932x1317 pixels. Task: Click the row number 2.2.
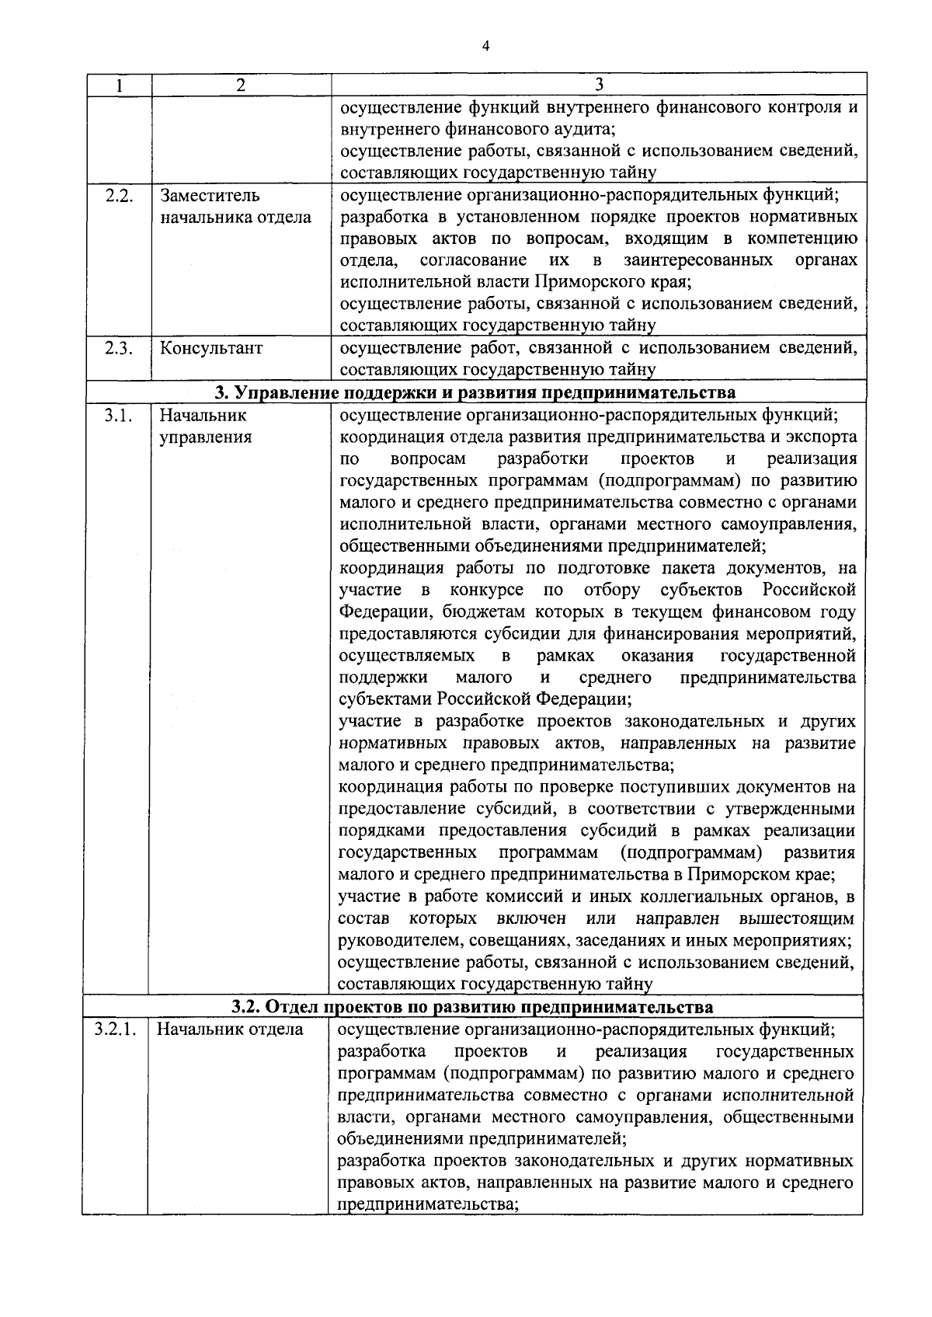[x=118, y=195]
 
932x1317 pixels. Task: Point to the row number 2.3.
[x=118, y=348]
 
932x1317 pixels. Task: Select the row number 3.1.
[x=118, y=416]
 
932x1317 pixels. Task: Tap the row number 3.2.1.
[x=116, y=1030]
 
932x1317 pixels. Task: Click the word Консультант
[x=211, y=348]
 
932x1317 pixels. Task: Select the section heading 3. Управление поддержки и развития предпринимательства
[x=474, y=392]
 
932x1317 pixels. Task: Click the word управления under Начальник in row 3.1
[x=206, y=437]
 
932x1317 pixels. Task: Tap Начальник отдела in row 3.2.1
[x=230, y=1030]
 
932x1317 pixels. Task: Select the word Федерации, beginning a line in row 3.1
[x=384, y=612]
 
